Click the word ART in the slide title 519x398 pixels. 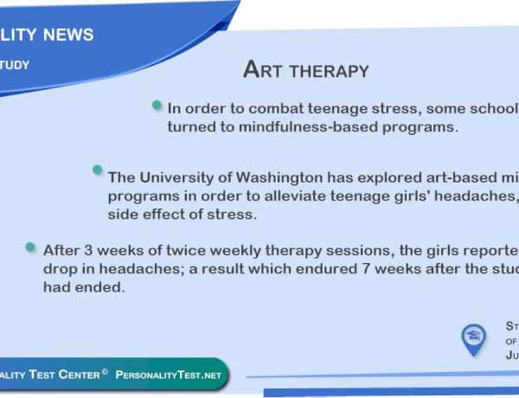266,69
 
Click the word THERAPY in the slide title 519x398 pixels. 331,70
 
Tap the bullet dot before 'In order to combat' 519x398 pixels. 157,105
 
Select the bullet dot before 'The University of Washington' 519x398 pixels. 98,170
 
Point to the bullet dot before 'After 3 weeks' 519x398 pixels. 31,247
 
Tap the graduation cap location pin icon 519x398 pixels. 473,338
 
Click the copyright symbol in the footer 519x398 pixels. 104,373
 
